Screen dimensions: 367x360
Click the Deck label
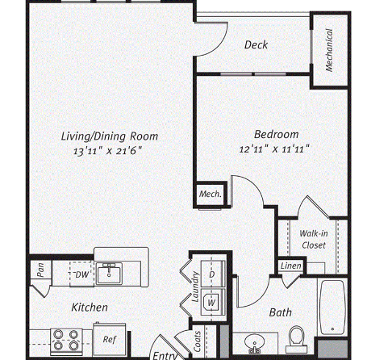(x=256, y=44)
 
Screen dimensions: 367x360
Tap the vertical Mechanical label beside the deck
(x=329, y=50)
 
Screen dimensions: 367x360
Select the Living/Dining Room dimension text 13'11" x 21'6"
(x=107, y=151)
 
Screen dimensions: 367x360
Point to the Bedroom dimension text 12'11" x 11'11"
(x=274, y=149)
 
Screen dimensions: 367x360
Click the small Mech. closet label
(x=211, y=194)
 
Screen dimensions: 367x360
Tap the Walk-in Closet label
(x=314, y=239)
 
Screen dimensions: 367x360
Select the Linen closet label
(x=291, y=266)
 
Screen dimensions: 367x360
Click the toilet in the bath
(x=296, y=339)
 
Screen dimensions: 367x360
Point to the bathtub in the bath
(x=332, y=307)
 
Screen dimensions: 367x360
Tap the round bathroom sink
(x=254, y=342)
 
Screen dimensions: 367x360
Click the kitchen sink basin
(x=109, y=274)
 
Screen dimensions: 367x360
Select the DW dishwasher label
(x=82, y=274)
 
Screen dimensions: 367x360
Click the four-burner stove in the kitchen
(x=66, y=341)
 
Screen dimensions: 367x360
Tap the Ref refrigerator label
(x=110, y=339)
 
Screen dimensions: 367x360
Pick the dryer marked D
(x=213, y=274)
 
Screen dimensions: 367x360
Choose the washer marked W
(x=213, y=302)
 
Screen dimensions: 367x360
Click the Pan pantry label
(x=40, y=270)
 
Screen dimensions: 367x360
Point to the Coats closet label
(x=198, y=341)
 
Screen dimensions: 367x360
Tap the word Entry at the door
(x=165, y=356)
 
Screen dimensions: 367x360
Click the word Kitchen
(x=90, y=308)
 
